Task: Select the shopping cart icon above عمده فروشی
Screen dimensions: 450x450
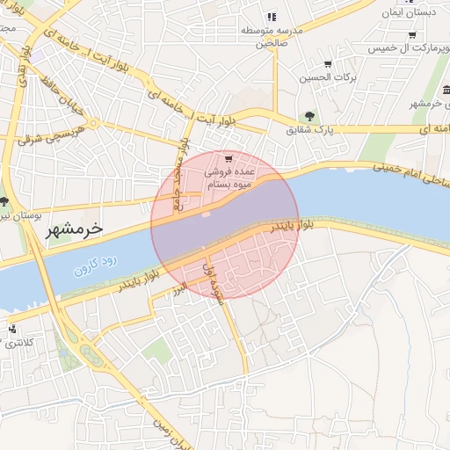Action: tap(229, 159)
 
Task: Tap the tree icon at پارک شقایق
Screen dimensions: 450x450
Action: tap(308, 115)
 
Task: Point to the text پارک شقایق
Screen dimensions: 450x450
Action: tap(308, 130)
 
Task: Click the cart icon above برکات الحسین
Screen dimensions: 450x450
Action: tap(328, 64)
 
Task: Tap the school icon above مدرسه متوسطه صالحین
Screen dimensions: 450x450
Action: tap(272, 16)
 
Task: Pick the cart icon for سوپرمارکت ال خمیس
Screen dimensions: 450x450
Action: tap(412, 35)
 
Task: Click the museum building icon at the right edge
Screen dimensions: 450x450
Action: tap(447, 89)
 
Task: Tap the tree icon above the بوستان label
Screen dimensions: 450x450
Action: tap(4, 201)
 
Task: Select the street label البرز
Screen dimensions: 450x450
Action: tap(179, 289)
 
